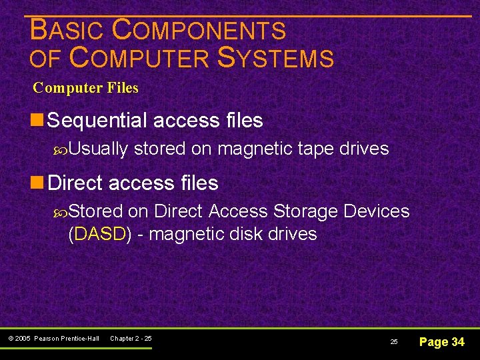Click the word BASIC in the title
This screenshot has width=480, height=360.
(x=67, y=31)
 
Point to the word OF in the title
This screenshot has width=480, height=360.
(x=45, y=59)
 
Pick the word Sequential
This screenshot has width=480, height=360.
(x=98, y=121)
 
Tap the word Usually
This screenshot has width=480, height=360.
(x=98, y=149)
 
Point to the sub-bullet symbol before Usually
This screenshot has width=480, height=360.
(x=61, y=149)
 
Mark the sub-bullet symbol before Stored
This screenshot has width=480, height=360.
(x=61, y=211)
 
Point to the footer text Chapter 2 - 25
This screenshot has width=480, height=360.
(x=131, y=339)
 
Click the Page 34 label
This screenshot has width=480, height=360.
(x=441, y=342)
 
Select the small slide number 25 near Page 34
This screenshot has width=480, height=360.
(x=394, y=342)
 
